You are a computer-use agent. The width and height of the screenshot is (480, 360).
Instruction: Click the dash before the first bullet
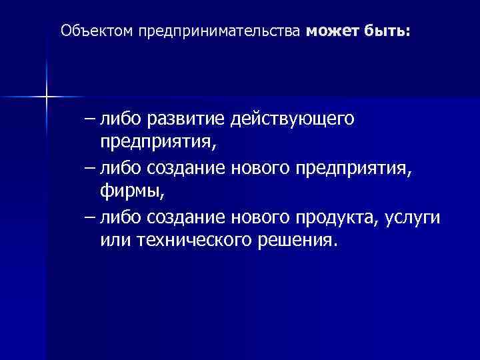(91, 121)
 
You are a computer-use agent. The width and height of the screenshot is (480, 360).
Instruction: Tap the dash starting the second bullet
(91, 169)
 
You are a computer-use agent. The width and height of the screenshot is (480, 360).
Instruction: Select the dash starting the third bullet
(91, 218)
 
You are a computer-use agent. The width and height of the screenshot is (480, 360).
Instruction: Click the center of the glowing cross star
(47, 97)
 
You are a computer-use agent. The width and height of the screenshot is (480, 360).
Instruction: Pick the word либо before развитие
(120, 120)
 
